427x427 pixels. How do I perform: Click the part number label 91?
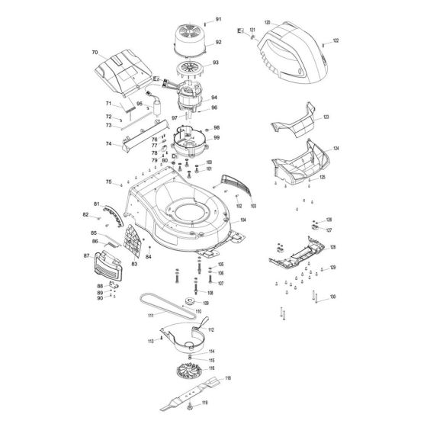(218, 18)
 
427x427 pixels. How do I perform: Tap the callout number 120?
(268, 24)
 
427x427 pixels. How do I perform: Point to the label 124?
(336, 149)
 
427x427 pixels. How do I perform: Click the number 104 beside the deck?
(242, 220)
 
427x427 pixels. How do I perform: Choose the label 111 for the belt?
(150, 315)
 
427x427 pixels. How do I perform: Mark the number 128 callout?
(332, 248)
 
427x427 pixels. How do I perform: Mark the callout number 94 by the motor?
(214, 98)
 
